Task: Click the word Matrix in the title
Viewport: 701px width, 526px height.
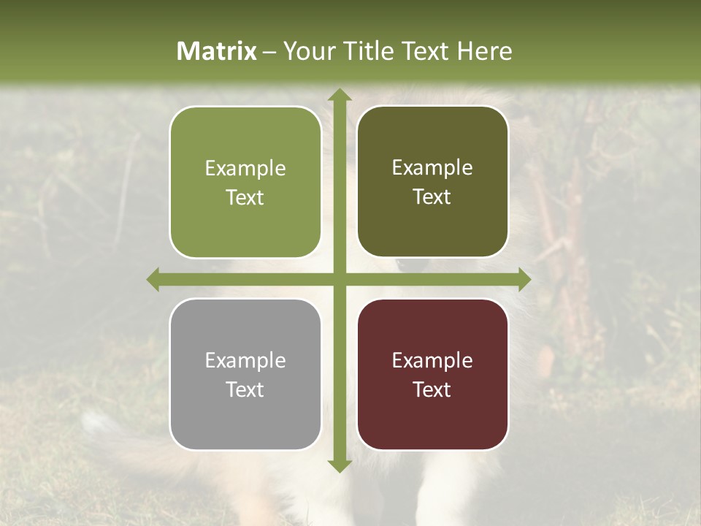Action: point(217,51)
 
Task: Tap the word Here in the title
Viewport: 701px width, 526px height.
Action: point(484,51)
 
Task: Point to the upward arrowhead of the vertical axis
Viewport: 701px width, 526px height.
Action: point(339,96)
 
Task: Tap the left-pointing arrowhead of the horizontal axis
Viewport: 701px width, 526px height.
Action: point(153,279)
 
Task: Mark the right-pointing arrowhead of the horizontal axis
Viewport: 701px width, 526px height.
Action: point(524,279)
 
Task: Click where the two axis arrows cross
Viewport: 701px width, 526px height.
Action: point(339,279)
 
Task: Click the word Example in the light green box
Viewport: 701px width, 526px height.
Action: point(245,169)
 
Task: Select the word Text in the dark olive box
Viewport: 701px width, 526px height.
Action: point(432,197)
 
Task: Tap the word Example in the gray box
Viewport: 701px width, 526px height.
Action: point(245,361)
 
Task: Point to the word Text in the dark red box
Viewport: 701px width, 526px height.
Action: point(432,389)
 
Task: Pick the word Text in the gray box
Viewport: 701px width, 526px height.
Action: point(245,389)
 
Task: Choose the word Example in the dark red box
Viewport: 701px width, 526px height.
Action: point(432,361)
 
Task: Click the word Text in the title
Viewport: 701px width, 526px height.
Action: point(425,51)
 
